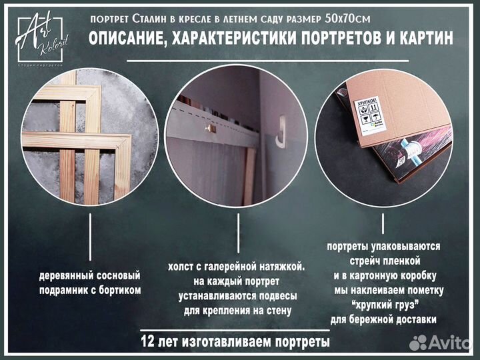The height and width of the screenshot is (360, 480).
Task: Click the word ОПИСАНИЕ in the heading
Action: pos(129,39)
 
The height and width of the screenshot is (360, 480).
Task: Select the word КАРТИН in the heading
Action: pos(420,39)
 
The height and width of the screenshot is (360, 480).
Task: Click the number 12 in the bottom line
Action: pos(149,342)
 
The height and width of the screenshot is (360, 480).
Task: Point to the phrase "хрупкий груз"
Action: pos(380,305)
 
